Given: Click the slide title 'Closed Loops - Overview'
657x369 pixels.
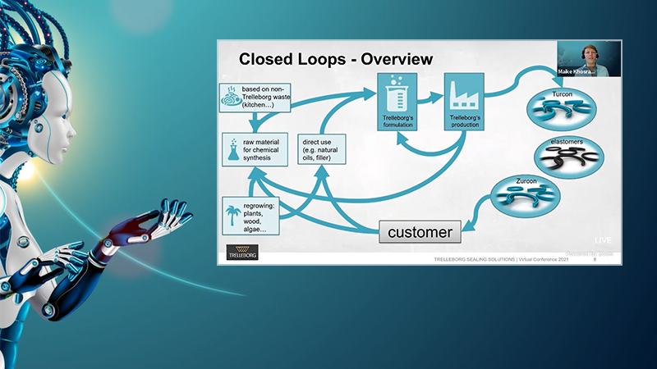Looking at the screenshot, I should click(x=335, y=60).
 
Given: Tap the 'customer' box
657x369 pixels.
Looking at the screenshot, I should click(x=420, y=232).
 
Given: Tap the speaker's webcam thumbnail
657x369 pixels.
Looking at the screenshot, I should click(x=589, y=58).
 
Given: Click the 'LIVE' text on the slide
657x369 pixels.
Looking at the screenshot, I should click(x=604, y=239).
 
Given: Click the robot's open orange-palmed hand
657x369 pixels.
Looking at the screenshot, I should click(x=148, y=222).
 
